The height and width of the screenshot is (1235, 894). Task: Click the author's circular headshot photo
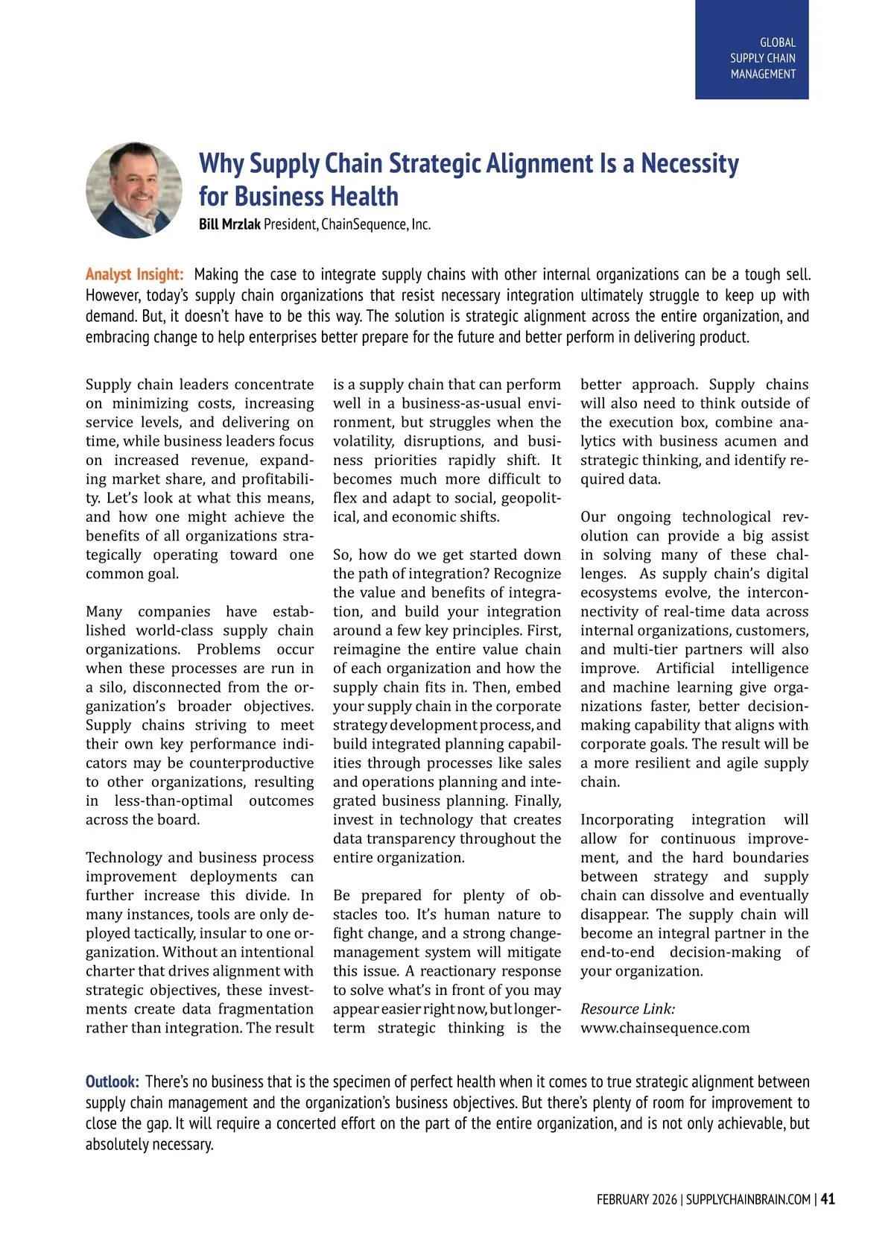coord(134,190)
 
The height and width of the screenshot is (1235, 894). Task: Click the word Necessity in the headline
coord(690,163)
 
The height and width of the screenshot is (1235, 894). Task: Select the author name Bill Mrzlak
coord(229,224)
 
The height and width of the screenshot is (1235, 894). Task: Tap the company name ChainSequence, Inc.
coord(375,224)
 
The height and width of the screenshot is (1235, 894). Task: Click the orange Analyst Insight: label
coord(134,274)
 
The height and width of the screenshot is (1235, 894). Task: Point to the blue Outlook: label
coord(112,1081)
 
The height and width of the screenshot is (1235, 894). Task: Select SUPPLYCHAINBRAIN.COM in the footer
coord(748,1199)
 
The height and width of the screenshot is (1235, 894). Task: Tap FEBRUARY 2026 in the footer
coord(636,1199)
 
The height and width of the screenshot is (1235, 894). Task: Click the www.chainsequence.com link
coord(665,1028)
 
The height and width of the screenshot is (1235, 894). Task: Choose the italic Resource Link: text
coord(627,1008)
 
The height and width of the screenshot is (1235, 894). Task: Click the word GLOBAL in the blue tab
coord(777,42)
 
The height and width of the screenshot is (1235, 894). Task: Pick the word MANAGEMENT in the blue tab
coord(762,74)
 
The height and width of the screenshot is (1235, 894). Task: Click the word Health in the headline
coord(364,197)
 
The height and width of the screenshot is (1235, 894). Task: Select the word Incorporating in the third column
coord(627,819)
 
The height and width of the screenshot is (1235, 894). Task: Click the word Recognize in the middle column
coord(527,573)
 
